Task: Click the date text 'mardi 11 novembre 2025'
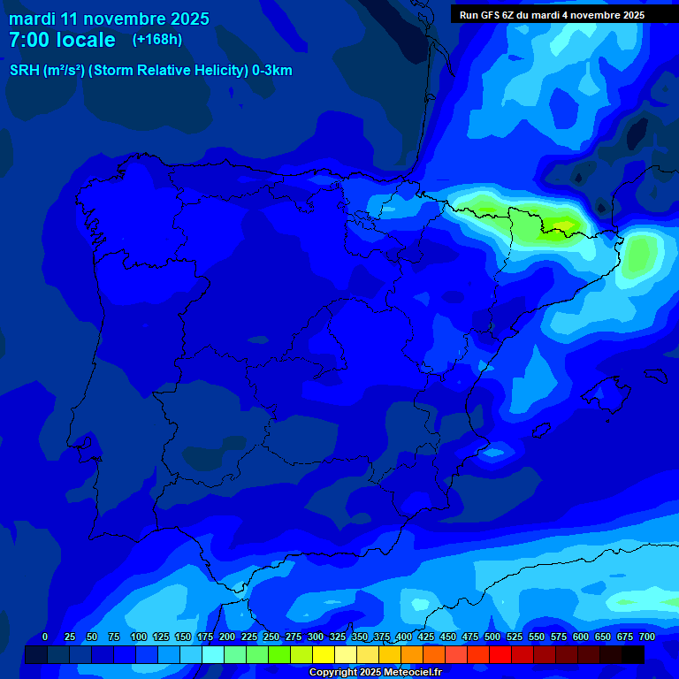pyautogui.click(x=109, y=19)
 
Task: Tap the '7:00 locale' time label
pyautogui.click(x=62, y=40)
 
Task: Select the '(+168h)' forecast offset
pyautogui.click(x=157, y=39)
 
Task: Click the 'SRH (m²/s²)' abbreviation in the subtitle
pyautogui.click(x=47, y=71)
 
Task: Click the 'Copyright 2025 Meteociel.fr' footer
pyautogui.click(x=374, y=672)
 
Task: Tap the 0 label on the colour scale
pyautogui.click(x=45, y=637)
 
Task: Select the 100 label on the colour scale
pyautogui.click(x=138, y=637)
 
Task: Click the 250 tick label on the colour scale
pyautogui.click(x=271, y=637)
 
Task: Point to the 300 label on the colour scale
pyautogui.click(x=315, y=637)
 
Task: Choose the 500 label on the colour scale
pyautogui.click(x=492, y=637)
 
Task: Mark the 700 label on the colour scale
pyautogui.click(x=646, y=637)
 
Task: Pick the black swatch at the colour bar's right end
pyautogui.click(x=633, y=655)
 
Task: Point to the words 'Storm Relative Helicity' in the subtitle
pyautogui.click(x=168, y=71)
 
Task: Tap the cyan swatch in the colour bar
pyautogui.click(x=213, y=655)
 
